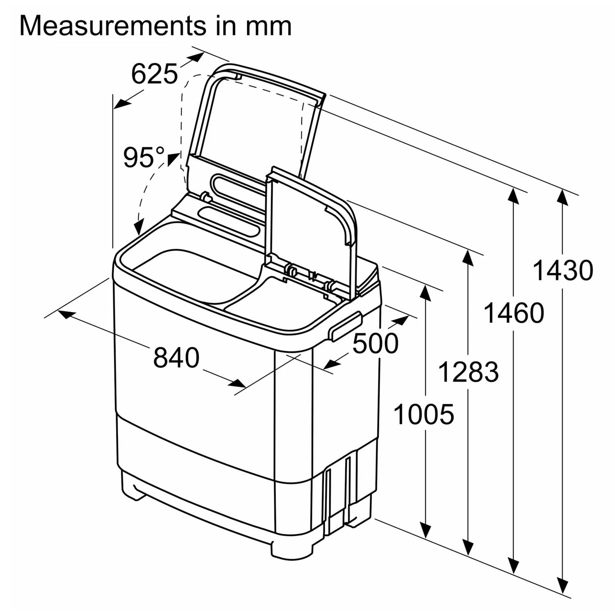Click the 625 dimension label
pyautogui.click(x=155, y=74)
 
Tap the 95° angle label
pyautogui.click(x=144, y=157)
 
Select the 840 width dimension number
pyautogui.click(x=176, y=358)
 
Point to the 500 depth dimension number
pyautogui.click(x=375, y=343)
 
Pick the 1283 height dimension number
pyautogui.click(x=469, y=372)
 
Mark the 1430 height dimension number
pyautogui.click(x=563, y=270)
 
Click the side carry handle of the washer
pyautogui.click(x=346, y=326)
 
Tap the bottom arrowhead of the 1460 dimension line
pyautogui.click(x=513, y=566)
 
